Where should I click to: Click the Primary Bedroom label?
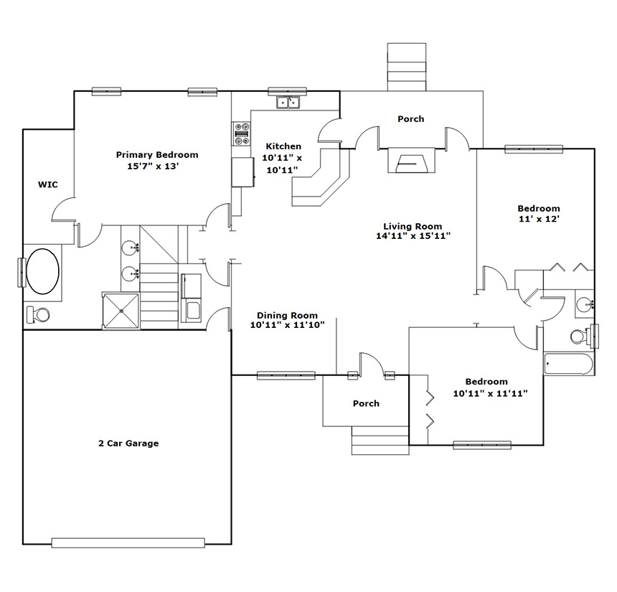pos(157,155)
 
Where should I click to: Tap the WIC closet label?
pos(47,184)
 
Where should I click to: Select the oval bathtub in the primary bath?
pos(42,271)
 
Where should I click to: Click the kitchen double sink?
pos(288,102)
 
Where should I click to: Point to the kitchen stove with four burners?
pos(242,134)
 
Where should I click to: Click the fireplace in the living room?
pos(412,160)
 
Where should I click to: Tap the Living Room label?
pos(413,226)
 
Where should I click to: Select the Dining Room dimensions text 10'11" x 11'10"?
pos(287,325)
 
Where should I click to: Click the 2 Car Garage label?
pos(128,443)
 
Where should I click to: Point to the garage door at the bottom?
pos(128,542)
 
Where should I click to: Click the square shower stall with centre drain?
pos(121,311)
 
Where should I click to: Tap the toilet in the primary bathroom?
pos(38,314)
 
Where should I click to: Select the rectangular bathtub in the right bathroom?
pos(569,364)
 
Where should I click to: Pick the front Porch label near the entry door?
pos(366,403)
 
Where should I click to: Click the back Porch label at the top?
pos(411,119)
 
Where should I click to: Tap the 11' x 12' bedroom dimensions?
pos(539,219)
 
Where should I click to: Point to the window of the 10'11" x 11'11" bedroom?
pos(482,445)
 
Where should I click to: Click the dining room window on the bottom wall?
pos(286,375)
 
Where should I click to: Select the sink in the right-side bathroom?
pos(584,304)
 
